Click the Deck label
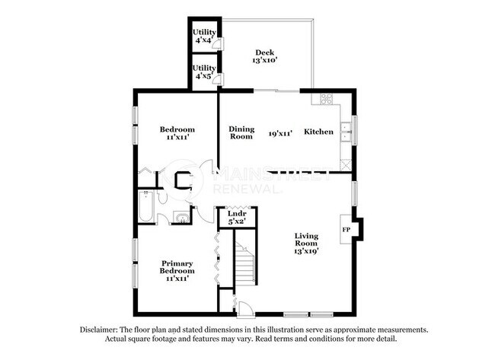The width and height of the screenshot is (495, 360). coord(264,56)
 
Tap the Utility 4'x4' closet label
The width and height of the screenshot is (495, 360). coord(204,36)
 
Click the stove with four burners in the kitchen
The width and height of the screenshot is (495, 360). coord(326,99)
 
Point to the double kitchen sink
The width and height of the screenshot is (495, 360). coord(346,132)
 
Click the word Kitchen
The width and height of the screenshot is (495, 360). coord(318,132)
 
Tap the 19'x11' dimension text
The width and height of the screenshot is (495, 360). coord(280,132)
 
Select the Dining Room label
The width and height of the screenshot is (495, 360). coord(241,132)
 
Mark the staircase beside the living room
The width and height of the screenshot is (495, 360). coord(244,263)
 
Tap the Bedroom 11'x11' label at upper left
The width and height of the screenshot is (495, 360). coord(177,133)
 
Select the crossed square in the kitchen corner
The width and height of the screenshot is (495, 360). coord(346,163)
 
